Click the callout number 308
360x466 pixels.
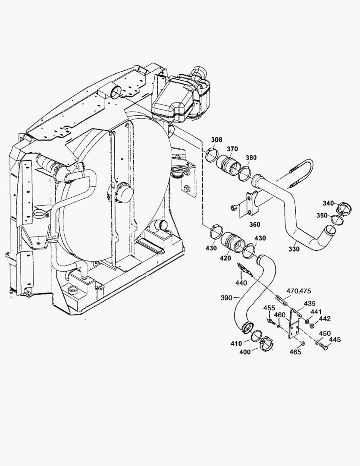(216, 139)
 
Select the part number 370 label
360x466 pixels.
(232, 149)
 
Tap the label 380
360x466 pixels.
(250, 157)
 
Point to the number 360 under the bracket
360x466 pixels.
(255, 225)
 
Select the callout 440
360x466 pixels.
(241, 283)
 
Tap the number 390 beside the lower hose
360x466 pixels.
(227, 297)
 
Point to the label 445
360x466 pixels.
(335, 340)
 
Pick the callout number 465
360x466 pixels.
(295, 352)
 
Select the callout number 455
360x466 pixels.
(269, 308)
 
